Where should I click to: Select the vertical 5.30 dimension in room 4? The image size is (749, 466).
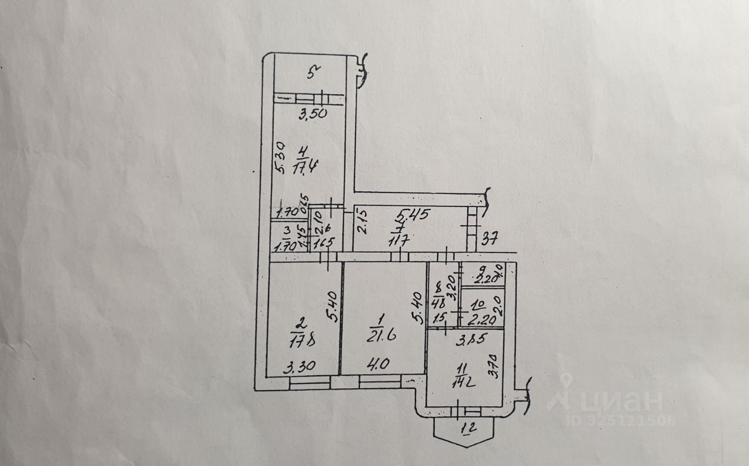[x=281, y=157]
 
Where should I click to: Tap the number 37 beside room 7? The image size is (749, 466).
[x=490, y=238]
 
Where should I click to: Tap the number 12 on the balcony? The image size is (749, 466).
[x=467, y=432]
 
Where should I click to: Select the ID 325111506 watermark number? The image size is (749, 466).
[x=620, y=420]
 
